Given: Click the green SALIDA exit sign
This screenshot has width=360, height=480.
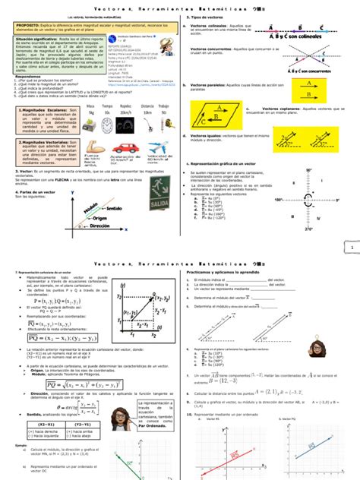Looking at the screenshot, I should click(x=157, y=205).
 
